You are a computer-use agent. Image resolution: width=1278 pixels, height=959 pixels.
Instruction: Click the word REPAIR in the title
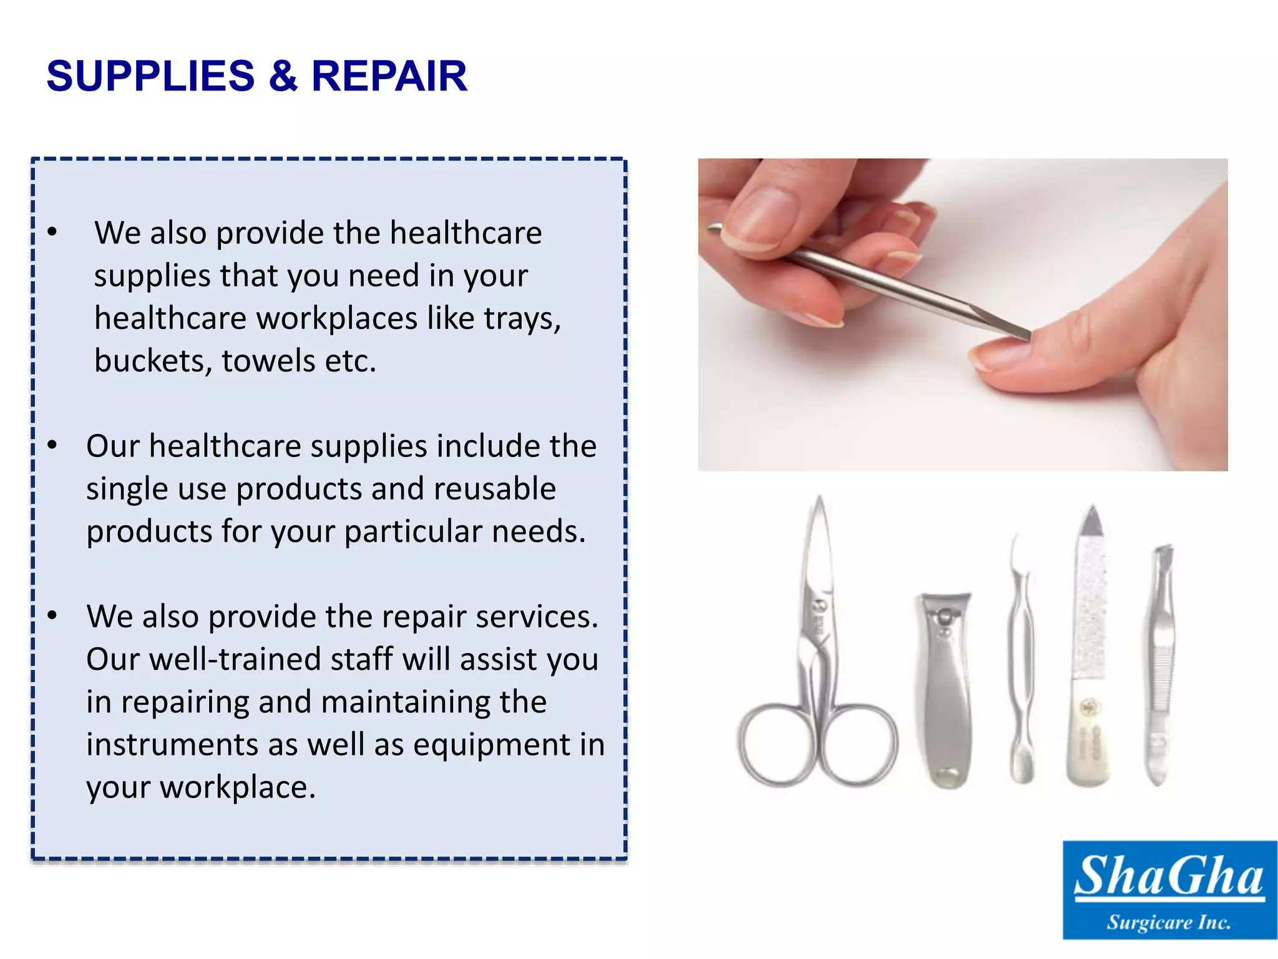[389, 76]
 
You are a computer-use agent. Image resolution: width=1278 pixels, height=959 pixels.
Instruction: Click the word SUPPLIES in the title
[150, 76]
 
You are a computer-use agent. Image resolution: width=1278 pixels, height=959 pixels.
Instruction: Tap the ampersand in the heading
[283, 76]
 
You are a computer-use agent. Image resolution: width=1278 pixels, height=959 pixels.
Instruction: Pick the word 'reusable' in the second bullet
[494, 488]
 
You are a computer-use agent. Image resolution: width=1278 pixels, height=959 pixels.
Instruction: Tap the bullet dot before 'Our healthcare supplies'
[52, 446]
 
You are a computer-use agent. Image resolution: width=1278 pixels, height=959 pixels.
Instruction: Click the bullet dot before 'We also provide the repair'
[52, 616]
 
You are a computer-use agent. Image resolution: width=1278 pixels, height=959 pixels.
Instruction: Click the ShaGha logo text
[1169, 876]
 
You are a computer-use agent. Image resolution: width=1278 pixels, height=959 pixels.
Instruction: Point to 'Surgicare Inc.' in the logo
[1169, 922]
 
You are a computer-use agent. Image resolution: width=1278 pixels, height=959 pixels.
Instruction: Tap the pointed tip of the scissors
[819, 503]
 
